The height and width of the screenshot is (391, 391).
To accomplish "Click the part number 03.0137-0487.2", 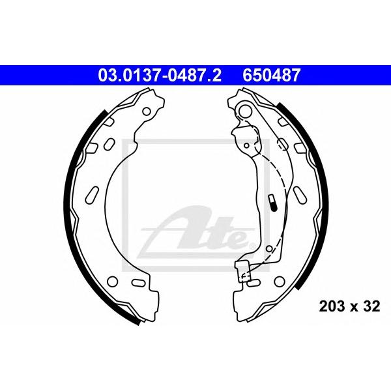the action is coord(160,76).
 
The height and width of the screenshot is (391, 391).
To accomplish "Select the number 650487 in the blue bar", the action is coord(272,76).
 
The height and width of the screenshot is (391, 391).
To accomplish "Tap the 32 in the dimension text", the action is coord(371,306).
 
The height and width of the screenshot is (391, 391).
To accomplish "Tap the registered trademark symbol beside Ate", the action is coord(252,246).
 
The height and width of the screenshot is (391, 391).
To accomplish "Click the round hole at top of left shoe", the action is coord(147,111).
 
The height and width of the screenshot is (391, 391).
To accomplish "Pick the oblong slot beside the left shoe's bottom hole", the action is coord(138,282).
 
